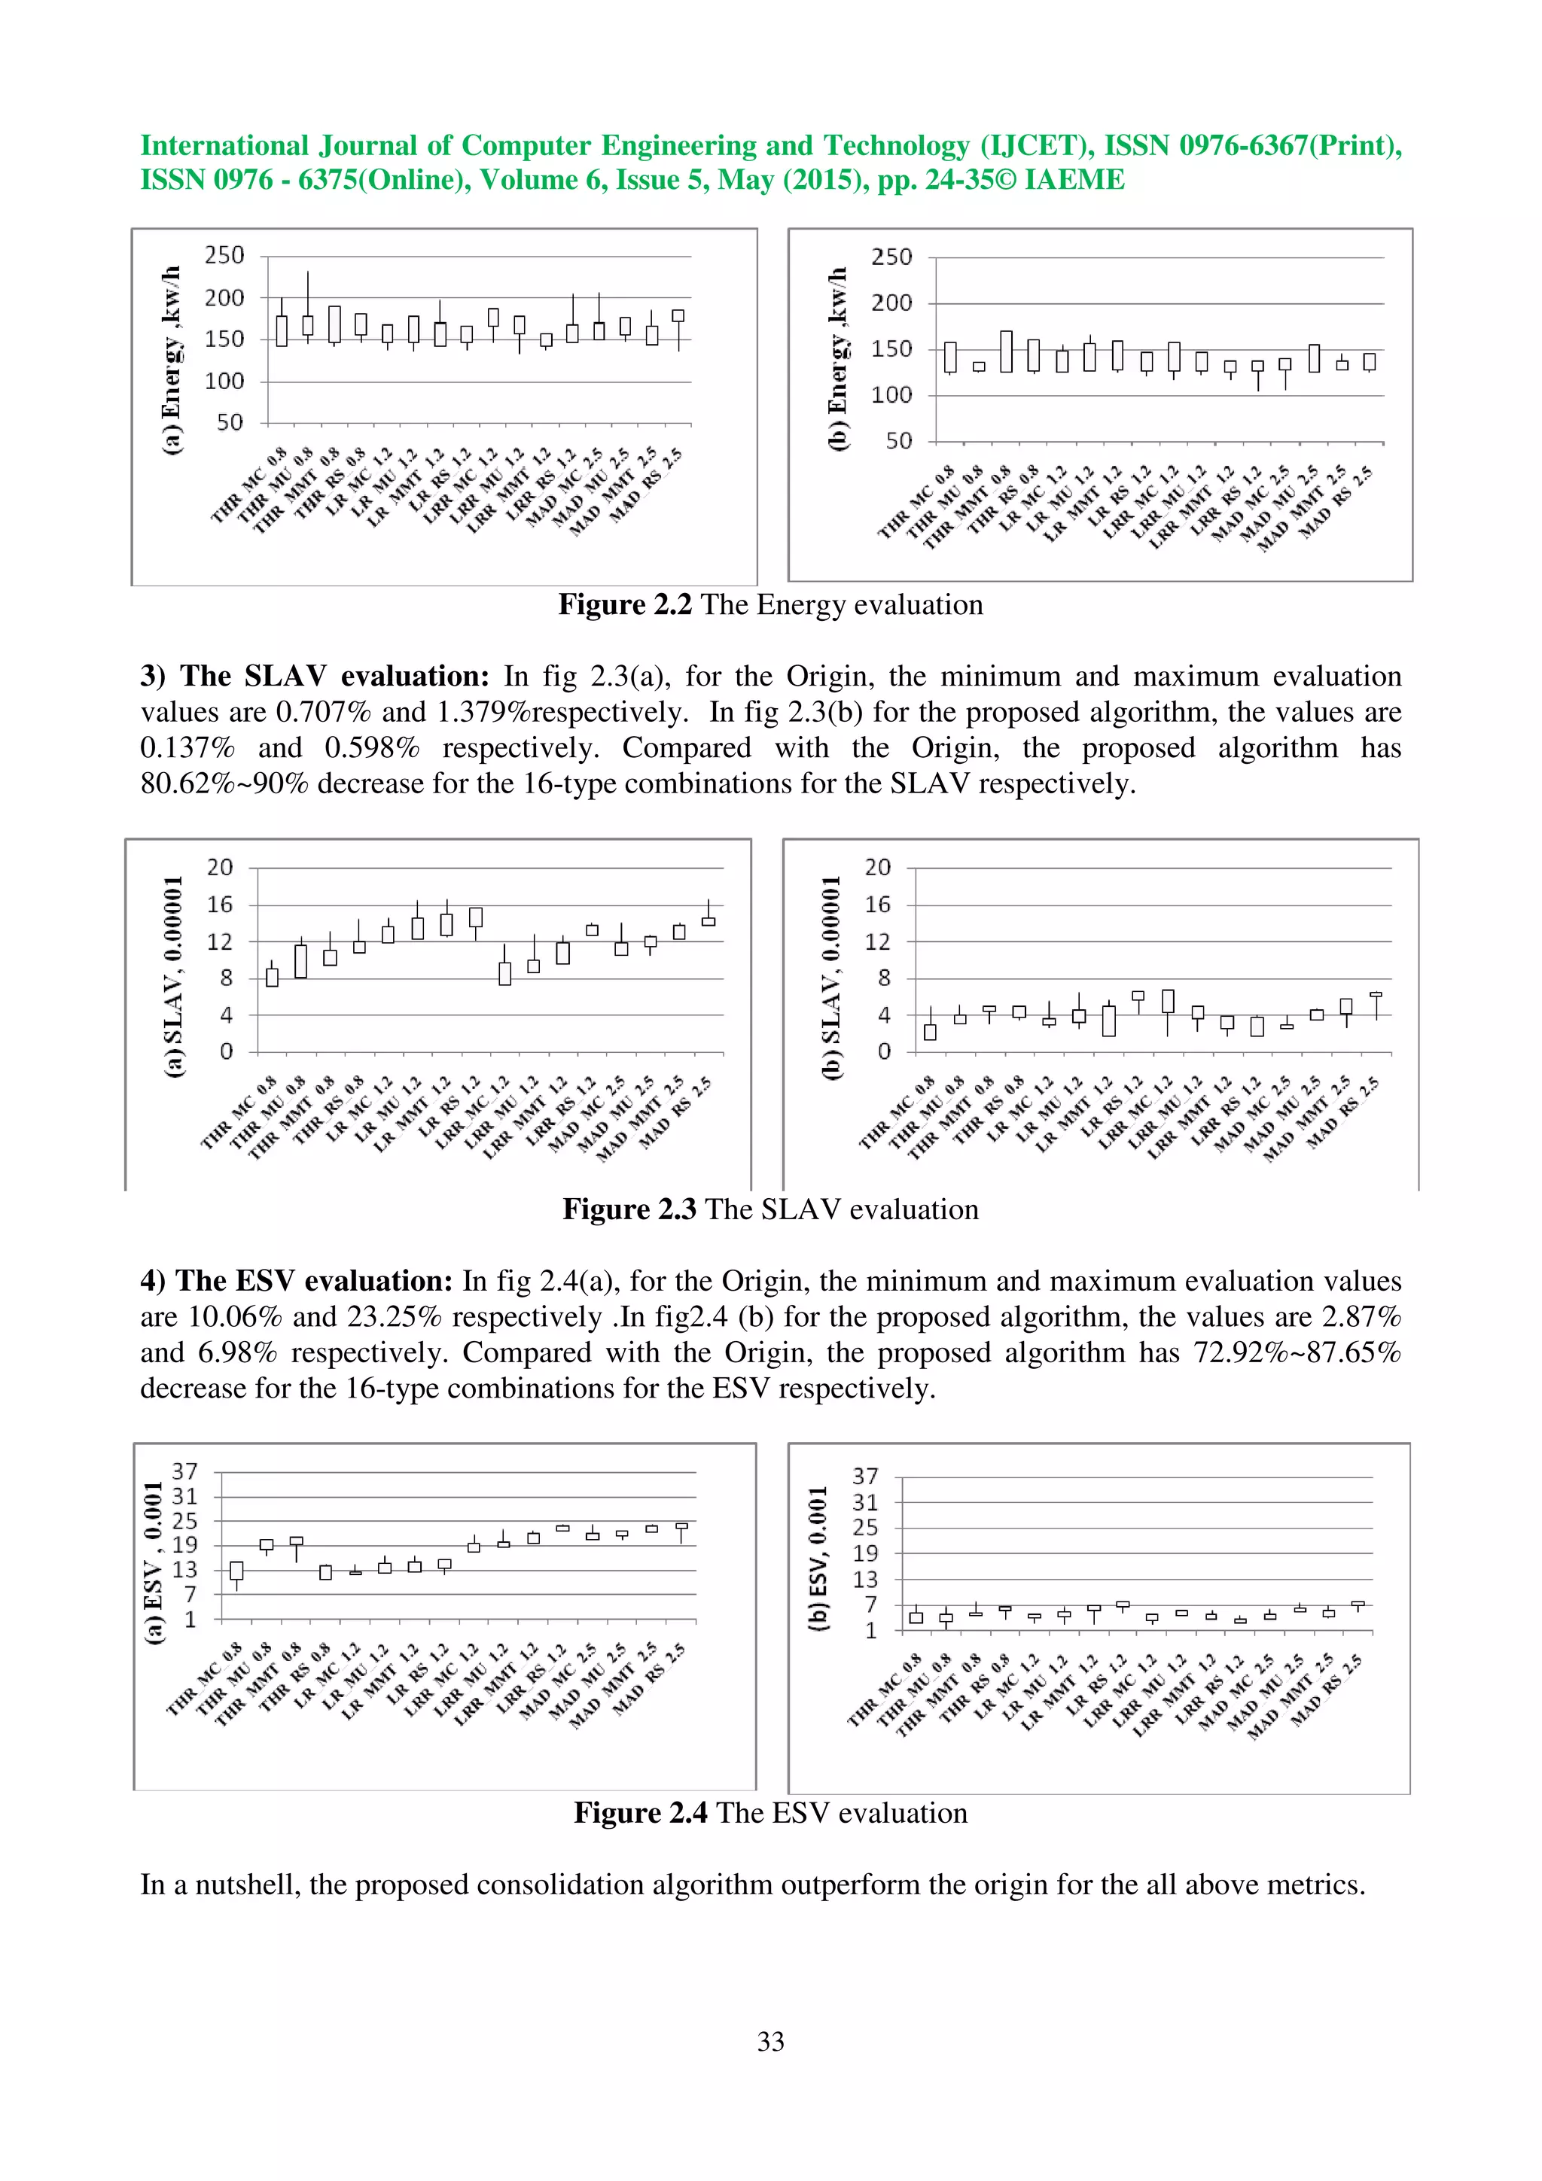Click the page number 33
[x=770, y=2040]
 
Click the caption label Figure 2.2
[x=624, y=605]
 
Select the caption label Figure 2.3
[x=629, y=1209]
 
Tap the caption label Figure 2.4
[x=639, y=1812]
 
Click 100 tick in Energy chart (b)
[x=891, y=395]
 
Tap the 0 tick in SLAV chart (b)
[x=884, y=1051]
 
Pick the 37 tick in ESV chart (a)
[x=184, y=1471]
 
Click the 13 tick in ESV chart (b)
[x=864, y=1580]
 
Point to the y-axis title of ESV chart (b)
[x=818, y=1559]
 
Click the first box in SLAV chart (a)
[x=272, y=978]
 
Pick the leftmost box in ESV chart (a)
[x=236, y=1570]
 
